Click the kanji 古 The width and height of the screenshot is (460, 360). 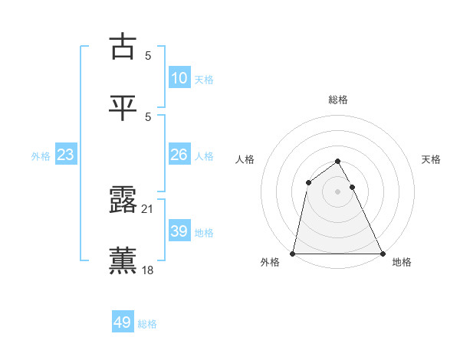123,47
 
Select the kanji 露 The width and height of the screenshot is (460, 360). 123,199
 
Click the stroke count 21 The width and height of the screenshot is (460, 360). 147,209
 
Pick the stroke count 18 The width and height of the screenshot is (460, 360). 147,270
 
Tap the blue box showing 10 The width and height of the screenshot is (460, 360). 179,78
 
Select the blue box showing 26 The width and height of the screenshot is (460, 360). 179,155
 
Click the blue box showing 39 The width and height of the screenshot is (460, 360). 179,231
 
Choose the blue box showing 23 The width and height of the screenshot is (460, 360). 66,155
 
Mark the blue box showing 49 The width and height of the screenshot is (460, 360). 123,322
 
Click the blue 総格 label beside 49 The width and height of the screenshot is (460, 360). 147,324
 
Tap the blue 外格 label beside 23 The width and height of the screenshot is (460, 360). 41,156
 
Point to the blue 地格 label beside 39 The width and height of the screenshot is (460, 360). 204,233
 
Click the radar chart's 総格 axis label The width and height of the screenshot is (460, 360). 338,100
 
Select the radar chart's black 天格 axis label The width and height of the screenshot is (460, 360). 431,159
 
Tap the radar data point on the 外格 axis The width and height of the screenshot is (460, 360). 293,253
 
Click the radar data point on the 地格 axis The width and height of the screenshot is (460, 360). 383,253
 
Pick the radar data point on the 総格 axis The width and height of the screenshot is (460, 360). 338,161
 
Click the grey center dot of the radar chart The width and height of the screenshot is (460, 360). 338,191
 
